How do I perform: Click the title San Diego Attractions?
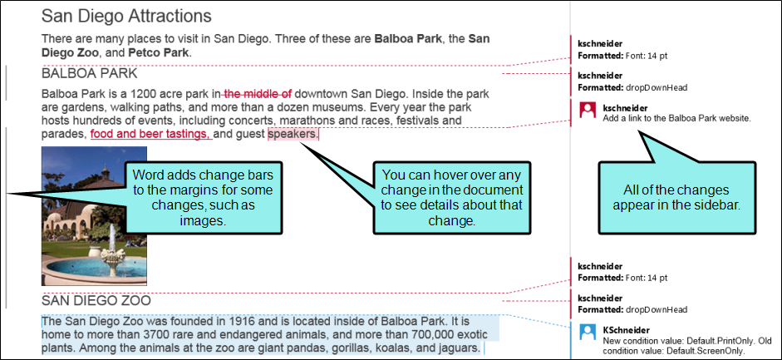pos(126,16)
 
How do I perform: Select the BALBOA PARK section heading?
pos(89,74)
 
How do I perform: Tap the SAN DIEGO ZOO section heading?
pos(96,300)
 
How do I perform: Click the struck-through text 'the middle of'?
pos(258,93)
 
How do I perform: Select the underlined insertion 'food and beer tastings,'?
pos(151,134)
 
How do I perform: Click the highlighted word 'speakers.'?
pos(293,134)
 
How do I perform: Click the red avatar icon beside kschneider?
pos(588,111)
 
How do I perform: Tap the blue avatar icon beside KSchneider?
pos(588,332)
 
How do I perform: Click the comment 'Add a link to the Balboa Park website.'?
pos(676,118)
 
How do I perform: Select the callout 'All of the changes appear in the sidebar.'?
pos(677,197)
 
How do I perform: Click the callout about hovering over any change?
pos(452,197)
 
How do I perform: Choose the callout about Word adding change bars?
pos(203,197)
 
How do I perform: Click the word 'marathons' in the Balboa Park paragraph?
pos(332,121)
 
